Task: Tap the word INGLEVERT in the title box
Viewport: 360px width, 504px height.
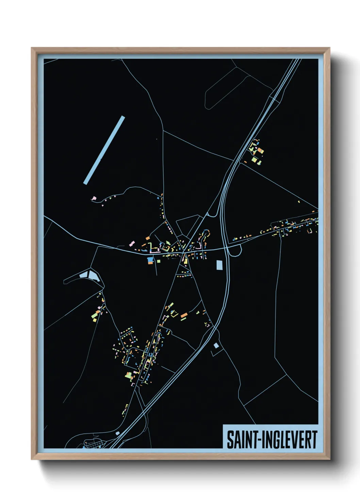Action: point(289,440)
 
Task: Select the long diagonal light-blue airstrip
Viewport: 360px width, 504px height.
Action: point(104,150)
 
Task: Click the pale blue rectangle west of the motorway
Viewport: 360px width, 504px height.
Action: point(219,265)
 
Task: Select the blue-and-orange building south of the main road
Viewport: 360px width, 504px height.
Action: point(150,261)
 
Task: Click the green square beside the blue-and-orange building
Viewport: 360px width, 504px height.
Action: point(158,261)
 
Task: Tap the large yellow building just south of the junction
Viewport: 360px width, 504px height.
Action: point(186,261)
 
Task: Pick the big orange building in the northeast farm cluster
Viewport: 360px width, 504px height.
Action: point(261,150)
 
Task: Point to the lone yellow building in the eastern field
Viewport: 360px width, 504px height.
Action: point(299,202)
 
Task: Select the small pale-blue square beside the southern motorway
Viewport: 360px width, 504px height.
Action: point(216,346)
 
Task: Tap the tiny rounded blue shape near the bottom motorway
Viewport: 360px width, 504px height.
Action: point(118,433)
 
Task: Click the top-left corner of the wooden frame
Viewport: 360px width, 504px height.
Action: point(32,48)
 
